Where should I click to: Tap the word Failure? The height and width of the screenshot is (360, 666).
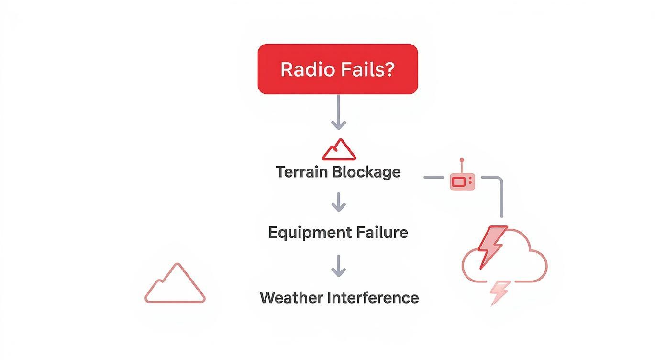[382, 233]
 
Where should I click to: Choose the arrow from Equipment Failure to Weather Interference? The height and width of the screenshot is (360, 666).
[338, 265]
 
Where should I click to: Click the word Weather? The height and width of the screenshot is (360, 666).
[291, 298]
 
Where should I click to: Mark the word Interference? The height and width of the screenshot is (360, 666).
[373, 298]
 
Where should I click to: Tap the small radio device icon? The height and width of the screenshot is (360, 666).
[462, 180]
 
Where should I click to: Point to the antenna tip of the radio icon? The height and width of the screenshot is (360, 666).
[461, 160]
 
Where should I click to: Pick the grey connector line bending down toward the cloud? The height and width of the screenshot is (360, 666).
[501, 191]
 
